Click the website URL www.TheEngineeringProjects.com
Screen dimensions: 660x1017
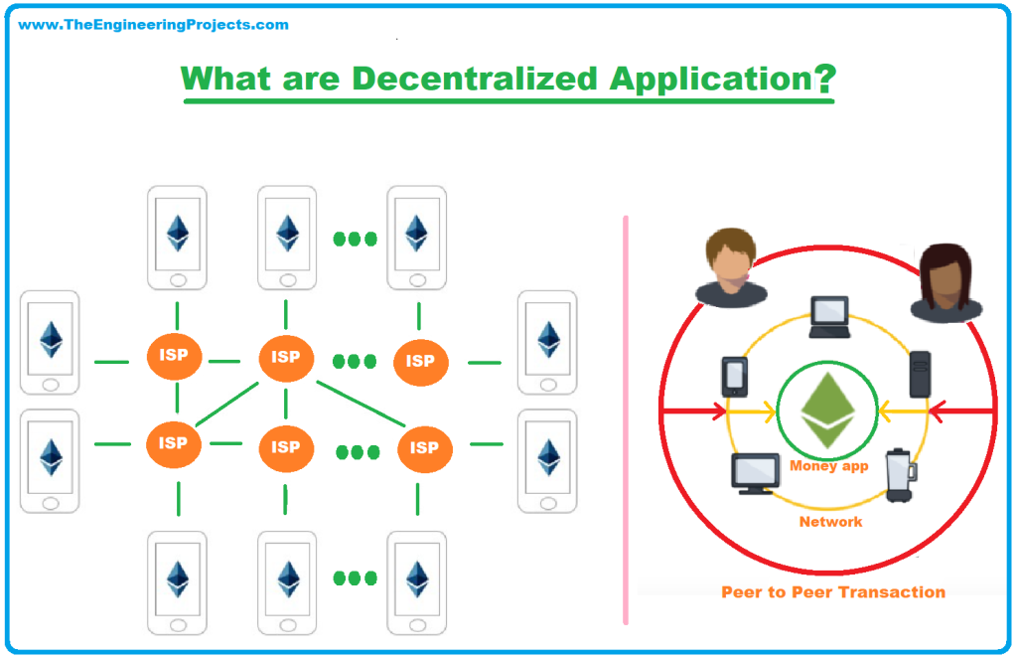(x=154, y=25)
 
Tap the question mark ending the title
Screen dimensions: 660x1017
(x=824, y=80)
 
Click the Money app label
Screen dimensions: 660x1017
(x=828, y=465)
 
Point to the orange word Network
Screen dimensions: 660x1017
(x=830, y=521)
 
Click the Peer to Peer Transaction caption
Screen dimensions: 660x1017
(x=832, y=592)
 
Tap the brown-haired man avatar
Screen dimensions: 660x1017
(x=730, y=266)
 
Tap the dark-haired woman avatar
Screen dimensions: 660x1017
(x=945, y=282)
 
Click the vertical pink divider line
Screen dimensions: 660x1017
(x=626, y=417)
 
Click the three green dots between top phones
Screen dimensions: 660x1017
(x=355, y=239)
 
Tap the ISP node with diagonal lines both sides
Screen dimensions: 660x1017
(x=286, y=359)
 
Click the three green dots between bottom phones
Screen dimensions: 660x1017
(x=355, y=577)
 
